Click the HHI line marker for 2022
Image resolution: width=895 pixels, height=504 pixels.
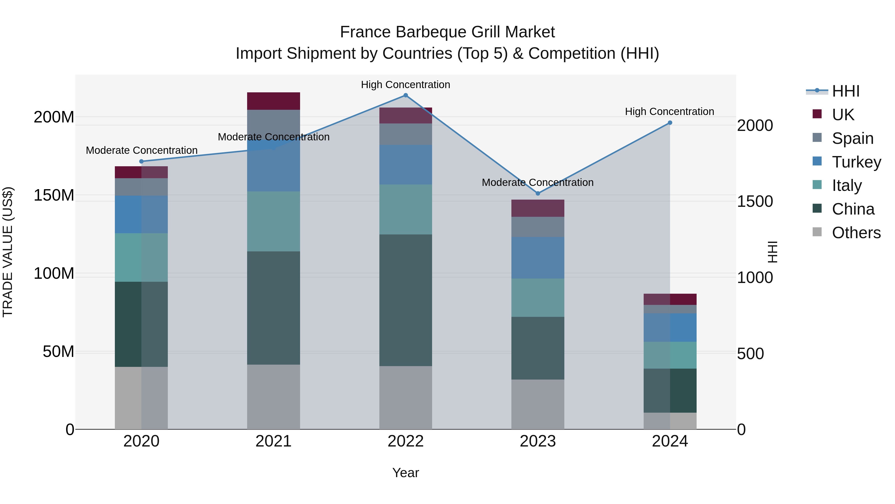(405, 95)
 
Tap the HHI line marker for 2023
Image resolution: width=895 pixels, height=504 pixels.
(538, 193)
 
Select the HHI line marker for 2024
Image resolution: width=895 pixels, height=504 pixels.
(670, 123)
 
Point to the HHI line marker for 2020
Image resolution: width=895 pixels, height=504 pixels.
(141, 161)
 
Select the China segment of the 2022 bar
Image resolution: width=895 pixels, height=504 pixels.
(405, 300)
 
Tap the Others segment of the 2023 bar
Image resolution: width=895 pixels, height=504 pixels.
(538, 404)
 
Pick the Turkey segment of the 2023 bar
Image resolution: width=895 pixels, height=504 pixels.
(538, 258)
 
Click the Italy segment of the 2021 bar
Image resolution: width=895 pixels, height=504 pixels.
(273, 221)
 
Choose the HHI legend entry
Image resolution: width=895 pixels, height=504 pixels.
(846, 91)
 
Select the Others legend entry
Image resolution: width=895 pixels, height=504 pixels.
(856, 233)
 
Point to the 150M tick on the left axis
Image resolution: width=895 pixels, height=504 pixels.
(54, 195)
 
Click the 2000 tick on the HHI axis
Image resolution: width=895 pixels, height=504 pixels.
(755, 126)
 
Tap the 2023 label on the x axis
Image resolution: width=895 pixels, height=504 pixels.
(538, 441)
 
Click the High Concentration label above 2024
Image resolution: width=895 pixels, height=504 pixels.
(670, 112)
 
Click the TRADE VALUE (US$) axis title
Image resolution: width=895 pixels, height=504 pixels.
(8, 252)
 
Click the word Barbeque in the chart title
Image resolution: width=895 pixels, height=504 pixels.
(429, 32)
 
